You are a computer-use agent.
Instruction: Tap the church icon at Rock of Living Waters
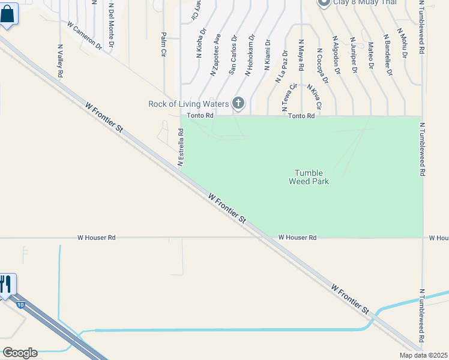[238, 103]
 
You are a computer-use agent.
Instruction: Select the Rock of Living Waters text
[188, 104]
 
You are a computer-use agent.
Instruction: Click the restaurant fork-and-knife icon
[6, 283]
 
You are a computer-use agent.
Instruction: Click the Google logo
[19, 353]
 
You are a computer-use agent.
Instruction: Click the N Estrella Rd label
[180, 146]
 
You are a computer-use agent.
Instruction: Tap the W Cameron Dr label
[85, 36]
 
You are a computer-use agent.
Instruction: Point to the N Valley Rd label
[61, 60]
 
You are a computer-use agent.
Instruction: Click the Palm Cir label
[163, 45]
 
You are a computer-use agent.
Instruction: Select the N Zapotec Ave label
[215, 54]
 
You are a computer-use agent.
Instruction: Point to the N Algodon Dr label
[336, 58]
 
